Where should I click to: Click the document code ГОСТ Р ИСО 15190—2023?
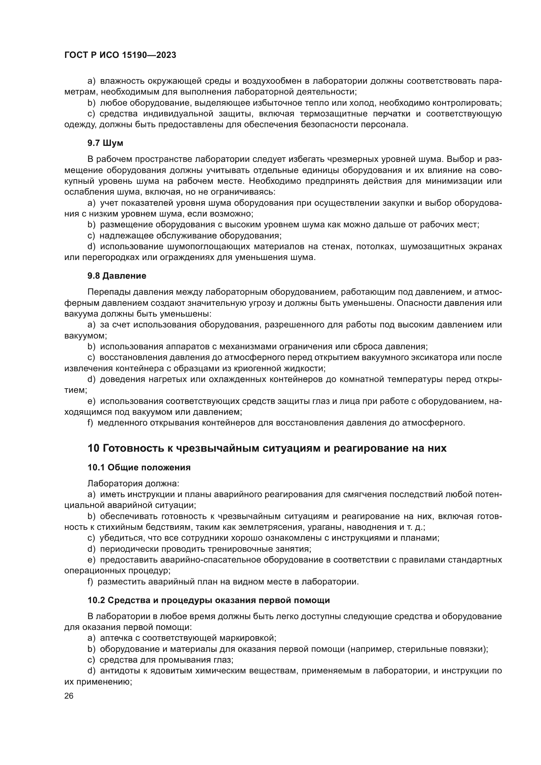(x=120, y=55)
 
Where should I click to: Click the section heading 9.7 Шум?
(x=105, y=143)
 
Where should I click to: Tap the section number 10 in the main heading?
(x=93, y=448)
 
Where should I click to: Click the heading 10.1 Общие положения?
(x=139, y=467)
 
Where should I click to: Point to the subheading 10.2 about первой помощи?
(x=209, y=600)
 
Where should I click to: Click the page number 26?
(x=69, y=696)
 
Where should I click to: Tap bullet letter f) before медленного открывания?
(x=90, y=423)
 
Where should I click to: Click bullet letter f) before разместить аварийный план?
(x=90, y=582)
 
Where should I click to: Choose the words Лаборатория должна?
(x=133, y=483)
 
